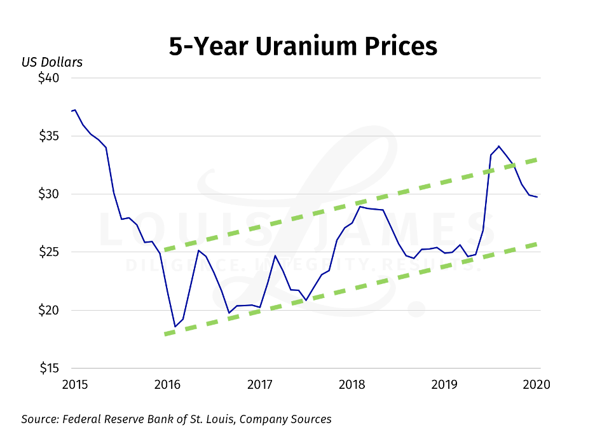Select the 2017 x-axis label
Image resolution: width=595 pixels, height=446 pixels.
(259, 384)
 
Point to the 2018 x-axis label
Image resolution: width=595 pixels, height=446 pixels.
(353, 384)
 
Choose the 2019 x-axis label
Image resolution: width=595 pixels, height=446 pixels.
(446, 384)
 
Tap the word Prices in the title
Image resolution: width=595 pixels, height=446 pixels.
(402, 46)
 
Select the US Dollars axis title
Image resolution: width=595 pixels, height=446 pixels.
(51, 62)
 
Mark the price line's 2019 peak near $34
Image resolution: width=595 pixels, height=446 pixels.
(499, 146)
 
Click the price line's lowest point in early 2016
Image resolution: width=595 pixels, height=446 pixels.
(175, 327)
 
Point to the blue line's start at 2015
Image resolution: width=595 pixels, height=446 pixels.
(72, 111)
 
